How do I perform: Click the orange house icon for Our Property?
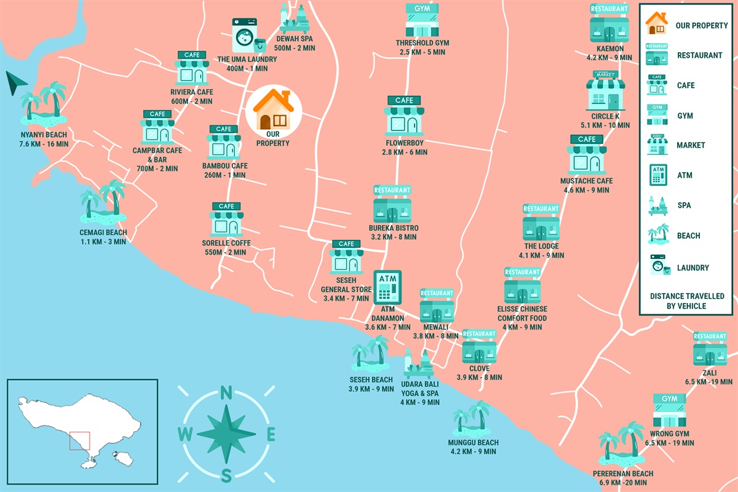[x=274, y=109]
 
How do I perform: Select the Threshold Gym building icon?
[x=423, y=21]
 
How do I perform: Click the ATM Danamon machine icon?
[x=387, y=286]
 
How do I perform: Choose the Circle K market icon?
[x=605, y=90]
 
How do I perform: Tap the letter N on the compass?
[x=226, y=393]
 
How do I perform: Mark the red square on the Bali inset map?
[x=80, y=441]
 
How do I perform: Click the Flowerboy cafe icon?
[x=404, y=116]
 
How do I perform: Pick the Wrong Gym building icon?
[x=669, y=411]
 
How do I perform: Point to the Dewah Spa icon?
[x=295, y=19]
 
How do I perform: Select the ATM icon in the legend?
[x=657, y=175]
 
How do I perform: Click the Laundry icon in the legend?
[x=657, y=266]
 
